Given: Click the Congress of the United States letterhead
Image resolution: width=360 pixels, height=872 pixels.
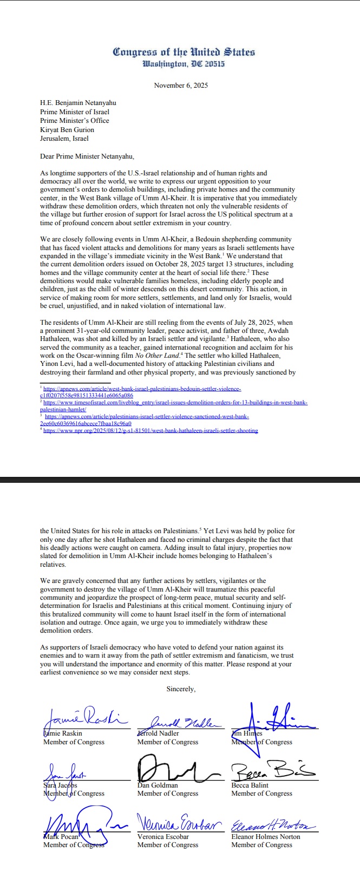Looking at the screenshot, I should (184, 53).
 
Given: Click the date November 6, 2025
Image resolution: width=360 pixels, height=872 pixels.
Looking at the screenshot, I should (181, 86).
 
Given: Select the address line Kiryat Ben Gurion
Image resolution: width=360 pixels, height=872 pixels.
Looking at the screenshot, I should (67, 130).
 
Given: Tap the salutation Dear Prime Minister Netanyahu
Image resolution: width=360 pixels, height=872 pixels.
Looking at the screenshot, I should (87, 156).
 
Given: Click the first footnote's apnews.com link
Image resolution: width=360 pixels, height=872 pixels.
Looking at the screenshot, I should (142, 389).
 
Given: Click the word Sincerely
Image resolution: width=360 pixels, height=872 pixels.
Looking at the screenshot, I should (181, 689).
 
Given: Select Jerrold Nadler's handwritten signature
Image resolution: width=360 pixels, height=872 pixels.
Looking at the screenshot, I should (179, 722).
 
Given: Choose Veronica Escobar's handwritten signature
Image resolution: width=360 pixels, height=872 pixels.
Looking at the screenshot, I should (179, 824).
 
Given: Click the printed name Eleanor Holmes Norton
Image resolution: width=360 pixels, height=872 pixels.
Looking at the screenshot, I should (266, 836).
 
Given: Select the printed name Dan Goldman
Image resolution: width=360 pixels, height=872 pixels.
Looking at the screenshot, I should (158, 785).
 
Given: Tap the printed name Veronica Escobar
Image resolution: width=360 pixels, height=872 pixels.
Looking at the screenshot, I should (163, 836).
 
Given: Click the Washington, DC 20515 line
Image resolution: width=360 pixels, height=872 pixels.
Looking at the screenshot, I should (184, 64).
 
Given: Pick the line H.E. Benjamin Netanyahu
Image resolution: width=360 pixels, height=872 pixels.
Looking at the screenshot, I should (78, 103).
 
